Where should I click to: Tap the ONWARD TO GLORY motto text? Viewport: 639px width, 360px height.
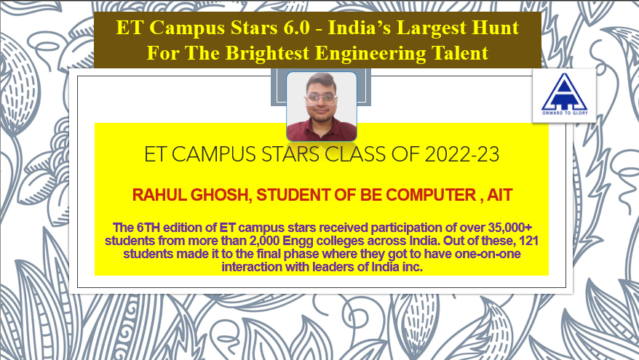tap(565, 113)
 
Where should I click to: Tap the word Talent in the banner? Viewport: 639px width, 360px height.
tap(459, 53)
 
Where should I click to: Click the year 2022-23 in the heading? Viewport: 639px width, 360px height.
tap(461, 155)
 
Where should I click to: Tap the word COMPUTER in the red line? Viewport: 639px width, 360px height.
tap(431, 195)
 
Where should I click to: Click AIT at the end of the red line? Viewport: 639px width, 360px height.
tap(499, 195)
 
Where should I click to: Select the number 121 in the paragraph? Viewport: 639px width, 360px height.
tap(528, 241)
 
